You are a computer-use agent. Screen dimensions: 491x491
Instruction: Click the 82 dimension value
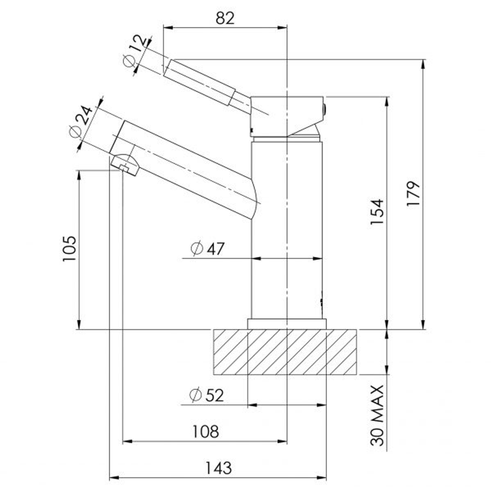click(225, 18)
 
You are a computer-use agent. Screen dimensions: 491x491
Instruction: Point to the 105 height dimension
click(70, 249)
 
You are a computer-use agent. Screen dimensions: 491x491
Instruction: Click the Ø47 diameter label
click(208, 249)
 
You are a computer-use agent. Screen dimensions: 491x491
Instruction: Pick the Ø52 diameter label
click(207, 395)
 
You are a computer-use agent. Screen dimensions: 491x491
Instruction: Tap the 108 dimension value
click(205, 432)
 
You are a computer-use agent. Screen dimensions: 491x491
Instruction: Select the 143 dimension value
click(218, 468)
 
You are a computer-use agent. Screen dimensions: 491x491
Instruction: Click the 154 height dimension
click(377, 211)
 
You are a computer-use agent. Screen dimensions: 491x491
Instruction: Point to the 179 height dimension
click(413, 194)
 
